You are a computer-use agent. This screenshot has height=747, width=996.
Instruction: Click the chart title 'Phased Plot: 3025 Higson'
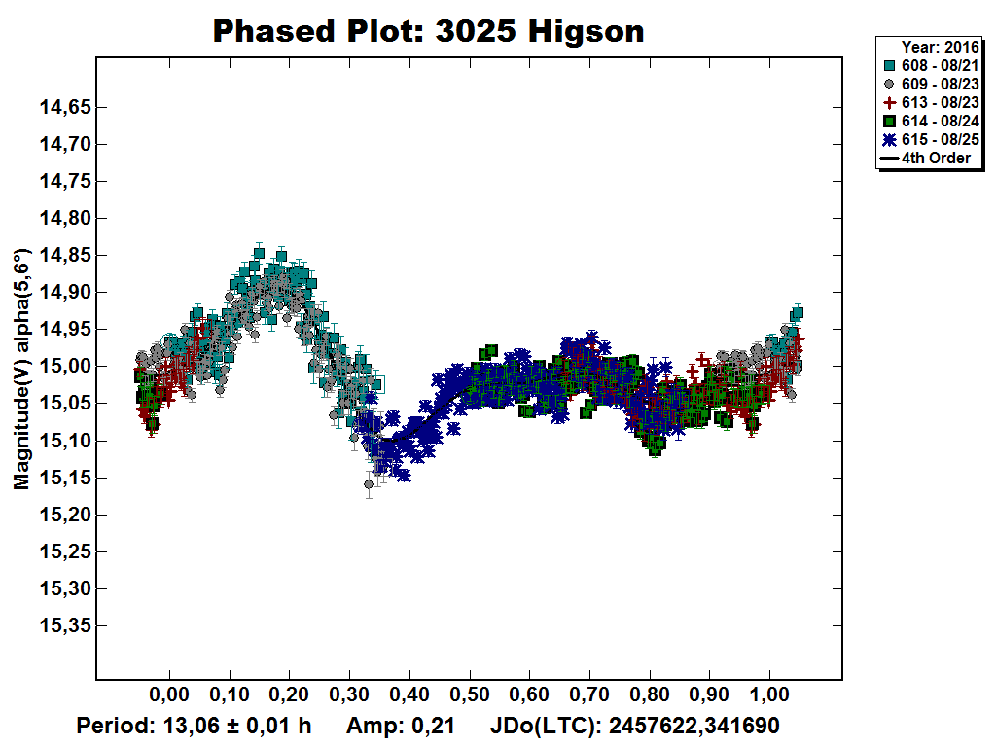coord(428,31)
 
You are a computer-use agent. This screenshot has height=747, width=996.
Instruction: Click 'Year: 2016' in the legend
coord(935,47)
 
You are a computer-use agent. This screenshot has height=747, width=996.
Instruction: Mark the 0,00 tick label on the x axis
coord(169,699)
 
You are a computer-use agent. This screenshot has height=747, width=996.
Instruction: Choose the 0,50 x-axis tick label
coord(470,699)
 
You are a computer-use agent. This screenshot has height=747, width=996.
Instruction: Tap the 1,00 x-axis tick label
coord(770,699)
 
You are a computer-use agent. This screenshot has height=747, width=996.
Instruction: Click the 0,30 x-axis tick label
coord(349,699)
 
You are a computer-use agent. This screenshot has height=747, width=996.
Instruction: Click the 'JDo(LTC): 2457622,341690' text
coord(634,727)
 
